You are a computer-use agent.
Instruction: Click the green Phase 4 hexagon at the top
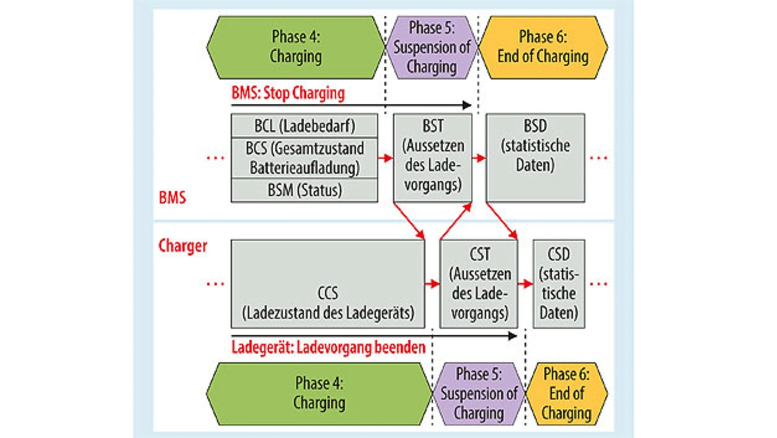pyautogui.click(x=296, y=47)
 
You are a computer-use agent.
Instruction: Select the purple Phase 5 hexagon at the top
pyautogui.click(x=432, y=47)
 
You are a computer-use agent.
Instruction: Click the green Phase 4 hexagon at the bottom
pyautogui.click(x=319, y=393)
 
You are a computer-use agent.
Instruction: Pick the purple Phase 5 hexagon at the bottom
pyautogui.click(x=479, y=393)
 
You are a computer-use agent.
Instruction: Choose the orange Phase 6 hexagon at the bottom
pyautogui.click(x=566, y=393)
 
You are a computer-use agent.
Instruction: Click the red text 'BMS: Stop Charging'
pyautogui.click(x=288, y=94)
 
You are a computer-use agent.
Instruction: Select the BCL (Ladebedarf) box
pyautogui.click(x=304, y=126)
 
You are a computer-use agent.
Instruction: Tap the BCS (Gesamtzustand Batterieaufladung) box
pyautogui.click(x=304, y=157)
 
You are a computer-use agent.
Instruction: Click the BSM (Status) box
pyautogui.click(x=304, y=190)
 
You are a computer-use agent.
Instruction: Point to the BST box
pyautogui.click(x=432, y=157)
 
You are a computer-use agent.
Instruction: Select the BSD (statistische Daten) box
pyautogui.click(x=535, y=157)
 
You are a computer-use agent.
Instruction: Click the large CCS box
pyautogui.click(x=328, y=284)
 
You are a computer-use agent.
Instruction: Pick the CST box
pyautogui.click(x=479, y=284)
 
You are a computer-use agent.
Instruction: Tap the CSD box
pyautogui.click(x=559, y=284)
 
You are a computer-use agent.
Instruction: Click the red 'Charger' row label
pyautogui.click(x=183, y=246)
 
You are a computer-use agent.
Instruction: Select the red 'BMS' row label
pyautogui.click(x=172, y=197)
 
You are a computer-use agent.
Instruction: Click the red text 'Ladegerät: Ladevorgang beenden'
pyautogui.click(x=328, y=349)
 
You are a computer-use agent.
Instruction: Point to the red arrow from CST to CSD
pyautogui.click(x=525, y=284)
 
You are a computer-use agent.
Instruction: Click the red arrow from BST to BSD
pyautogui.click(x=479, y=158)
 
